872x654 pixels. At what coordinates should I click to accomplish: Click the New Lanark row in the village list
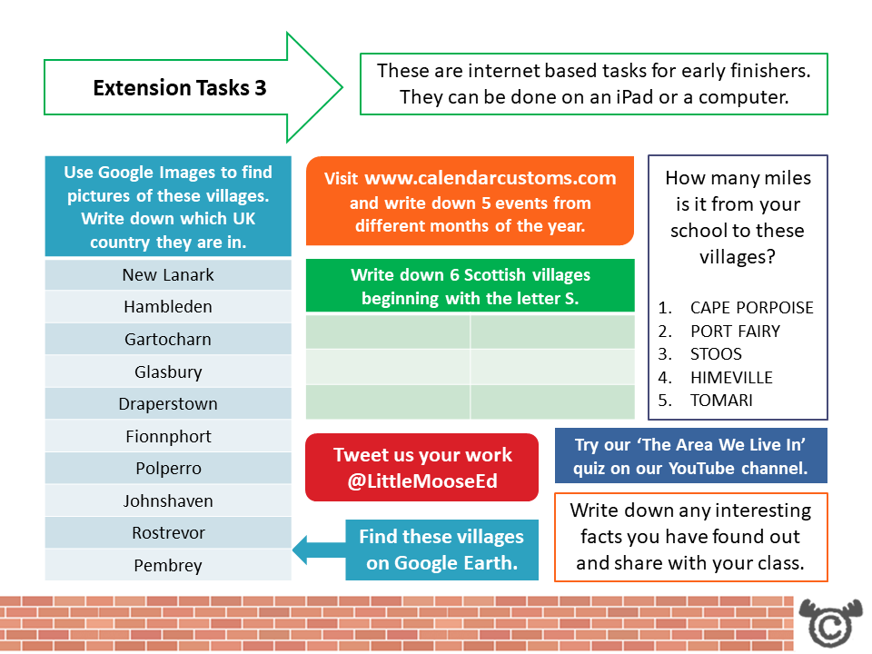point(168,274)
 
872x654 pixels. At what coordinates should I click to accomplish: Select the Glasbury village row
point(168,372)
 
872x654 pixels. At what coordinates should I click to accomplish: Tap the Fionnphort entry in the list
point(168,436)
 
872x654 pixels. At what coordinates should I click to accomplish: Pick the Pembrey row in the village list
point(168,565)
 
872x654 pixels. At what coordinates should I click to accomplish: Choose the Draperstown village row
point(168,403)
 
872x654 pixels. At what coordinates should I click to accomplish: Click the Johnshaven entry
point(168,500)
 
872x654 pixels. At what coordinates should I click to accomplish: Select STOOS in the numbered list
point(716,354)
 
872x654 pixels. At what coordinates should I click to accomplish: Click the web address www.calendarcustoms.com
point(490,178)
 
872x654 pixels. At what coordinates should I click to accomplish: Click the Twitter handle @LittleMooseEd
point(422,481)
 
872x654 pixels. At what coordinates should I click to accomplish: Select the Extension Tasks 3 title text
point(180,88)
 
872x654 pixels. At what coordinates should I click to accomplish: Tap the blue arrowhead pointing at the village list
point(305,549)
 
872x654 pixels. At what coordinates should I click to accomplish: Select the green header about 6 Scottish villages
point(470,286)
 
